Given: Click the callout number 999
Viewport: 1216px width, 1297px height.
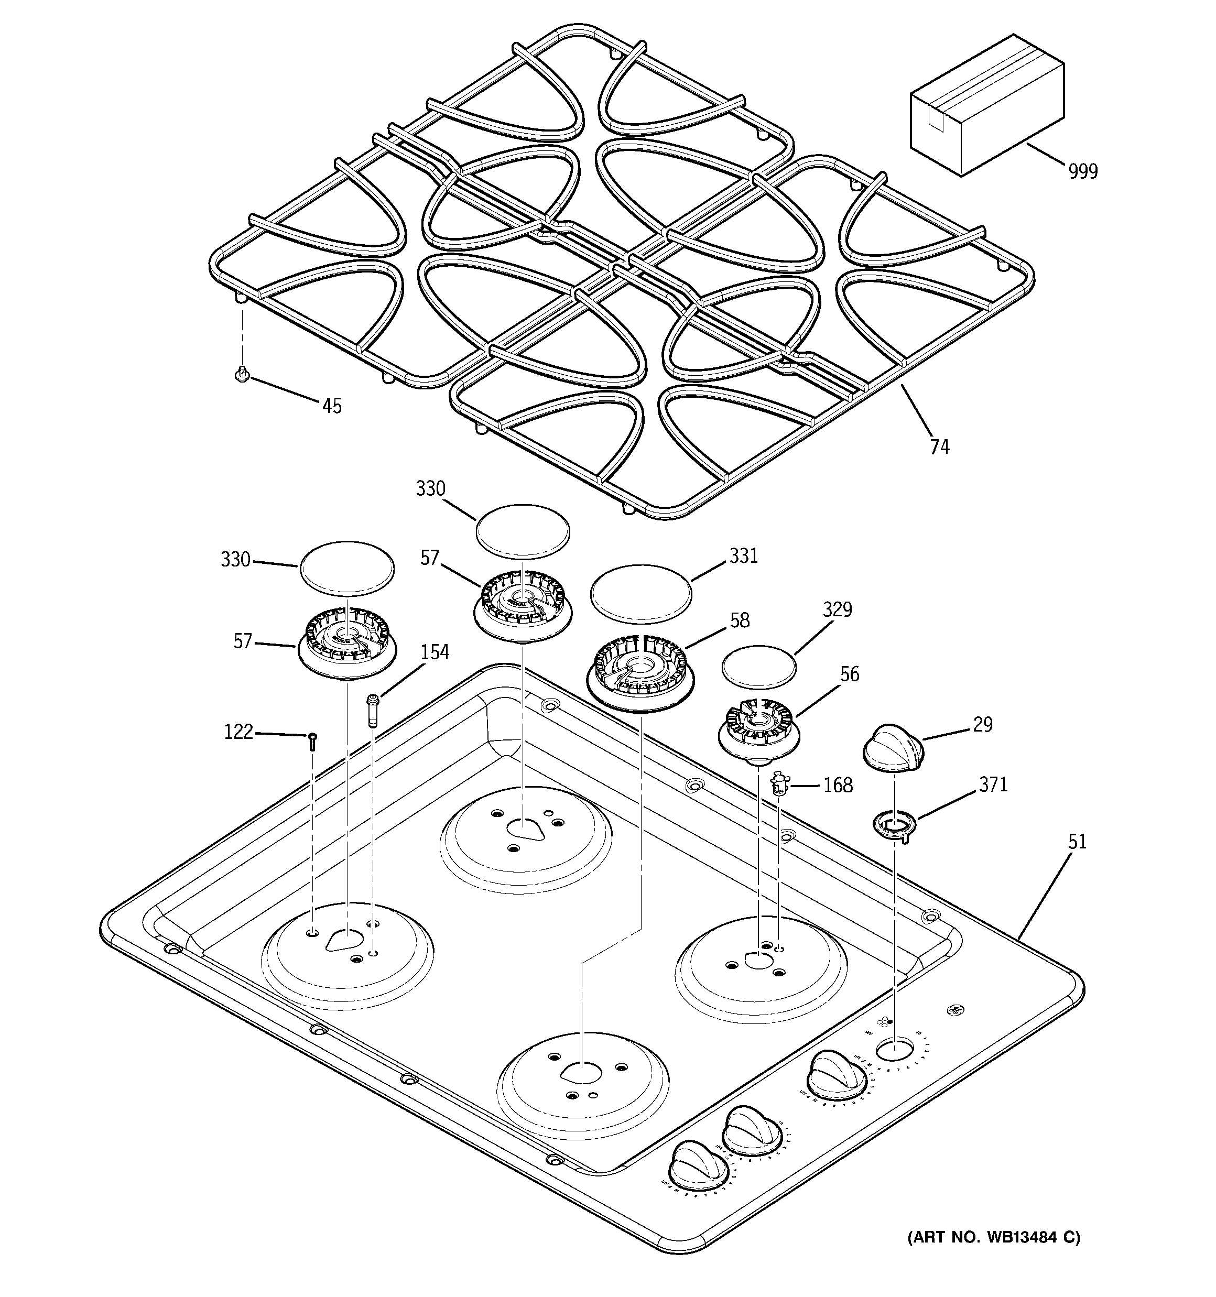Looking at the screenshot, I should (x=1083, y=171).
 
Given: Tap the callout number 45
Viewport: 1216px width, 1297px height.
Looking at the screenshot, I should (x=332, y=406).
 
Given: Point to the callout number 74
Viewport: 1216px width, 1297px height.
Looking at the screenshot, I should (x=939, y=447).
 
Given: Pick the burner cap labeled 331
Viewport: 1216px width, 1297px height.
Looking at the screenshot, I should (x=640, y=595).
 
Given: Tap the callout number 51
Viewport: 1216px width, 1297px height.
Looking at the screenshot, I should (x=1077, y=842).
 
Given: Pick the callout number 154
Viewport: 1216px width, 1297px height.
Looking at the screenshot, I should (x=434, y=652).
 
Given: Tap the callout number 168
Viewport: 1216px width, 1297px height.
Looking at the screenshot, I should (x=838, y=785).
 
